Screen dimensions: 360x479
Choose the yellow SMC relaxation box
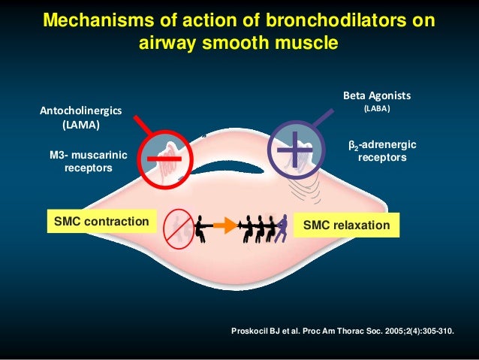(347, 225)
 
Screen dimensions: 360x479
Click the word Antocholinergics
(74, 110)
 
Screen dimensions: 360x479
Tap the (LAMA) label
(74, 125)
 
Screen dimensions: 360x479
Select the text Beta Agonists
(378, 96)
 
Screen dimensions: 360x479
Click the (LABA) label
(378, 109)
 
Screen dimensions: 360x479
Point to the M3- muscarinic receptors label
(88, 162)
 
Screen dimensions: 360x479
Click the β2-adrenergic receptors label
(383, 150)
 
